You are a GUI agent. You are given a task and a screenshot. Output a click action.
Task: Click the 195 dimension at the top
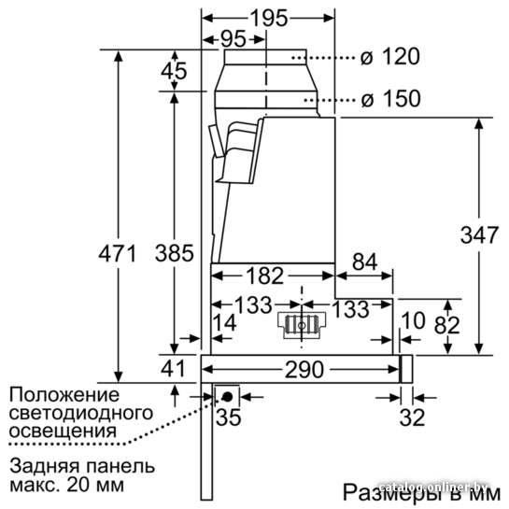(269, 18)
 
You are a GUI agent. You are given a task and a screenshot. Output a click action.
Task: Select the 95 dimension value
(233, 39)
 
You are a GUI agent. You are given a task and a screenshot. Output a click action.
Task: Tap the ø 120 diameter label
(390, 56)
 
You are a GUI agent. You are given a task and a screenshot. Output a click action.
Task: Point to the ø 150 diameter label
(391, 98)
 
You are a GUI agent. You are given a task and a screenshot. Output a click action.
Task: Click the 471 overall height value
(118, 253)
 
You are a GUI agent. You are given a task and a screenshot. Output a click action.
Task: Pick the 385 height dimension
(175, 253)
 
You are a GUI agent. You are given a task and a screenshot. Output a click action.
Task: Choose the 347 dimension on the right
(479, 234)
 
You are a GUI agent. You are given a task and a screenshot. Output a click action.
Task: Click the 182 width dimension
(265, 276)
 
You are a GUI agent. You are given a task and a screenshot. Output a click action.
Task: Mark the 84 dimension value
(365, 262)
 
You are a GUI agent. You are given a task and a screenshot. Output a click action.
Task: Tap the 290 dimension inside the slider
(304, 370)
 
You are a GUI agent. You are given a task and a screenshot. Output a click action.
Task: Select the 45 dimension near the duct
(174, 70)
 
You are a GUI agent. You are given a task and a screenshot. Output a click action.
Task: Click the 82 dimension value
(447, 325)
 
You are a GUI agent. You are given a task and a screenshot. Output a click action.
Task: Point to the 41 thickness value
(173, 368)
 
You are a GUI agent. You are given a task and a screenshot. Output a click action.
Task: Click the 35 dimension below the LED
(229, 417)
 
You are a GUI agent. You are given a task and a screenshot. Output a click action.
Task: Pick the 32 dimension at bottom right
(412, 417)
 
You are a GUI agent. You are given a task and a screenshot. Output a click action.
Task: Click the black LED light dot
(227, 397)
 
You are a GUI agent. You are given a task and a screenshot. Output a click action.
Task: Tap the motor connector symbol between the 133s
(302, 325)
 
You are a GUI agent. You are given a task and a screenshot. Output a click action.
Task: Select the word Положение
(64, 395)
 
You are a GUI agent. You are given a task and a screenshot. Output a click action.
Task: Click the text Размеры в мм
(421, 493)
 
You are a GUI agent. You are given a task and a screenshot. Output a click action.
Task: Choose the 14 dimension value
(225, 323)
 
